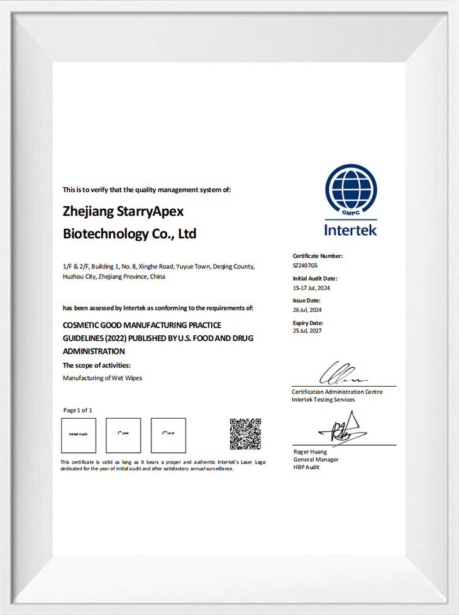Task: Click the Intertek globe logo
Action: [351, 190]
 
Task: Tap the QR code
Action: [245, 434]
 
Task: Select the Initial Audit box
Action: [79, 435]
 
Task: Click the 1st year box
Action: [123, 435]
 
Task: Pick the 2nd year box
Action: [169, 435]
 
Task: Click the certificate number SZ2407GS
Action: [306, 266]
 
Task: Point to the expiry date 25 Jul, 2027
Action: [307, 331]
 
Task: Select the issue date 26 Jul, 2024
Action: [307, 309]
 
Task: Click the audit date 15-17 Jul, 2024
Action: [311, 288]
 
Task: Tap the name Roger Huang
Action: [310, 452]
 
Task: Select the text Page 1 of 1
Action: [78, 410]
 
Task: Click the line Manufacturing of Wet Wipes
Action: [102, 378]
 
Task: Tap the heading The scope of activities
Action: [97, 365]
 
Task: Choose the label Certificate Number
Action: [318, 256]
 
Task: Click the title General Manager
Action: [316, 459]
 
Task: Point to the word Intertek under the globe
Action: [351, 230]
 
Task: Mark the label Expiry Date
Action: [308, 323]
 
